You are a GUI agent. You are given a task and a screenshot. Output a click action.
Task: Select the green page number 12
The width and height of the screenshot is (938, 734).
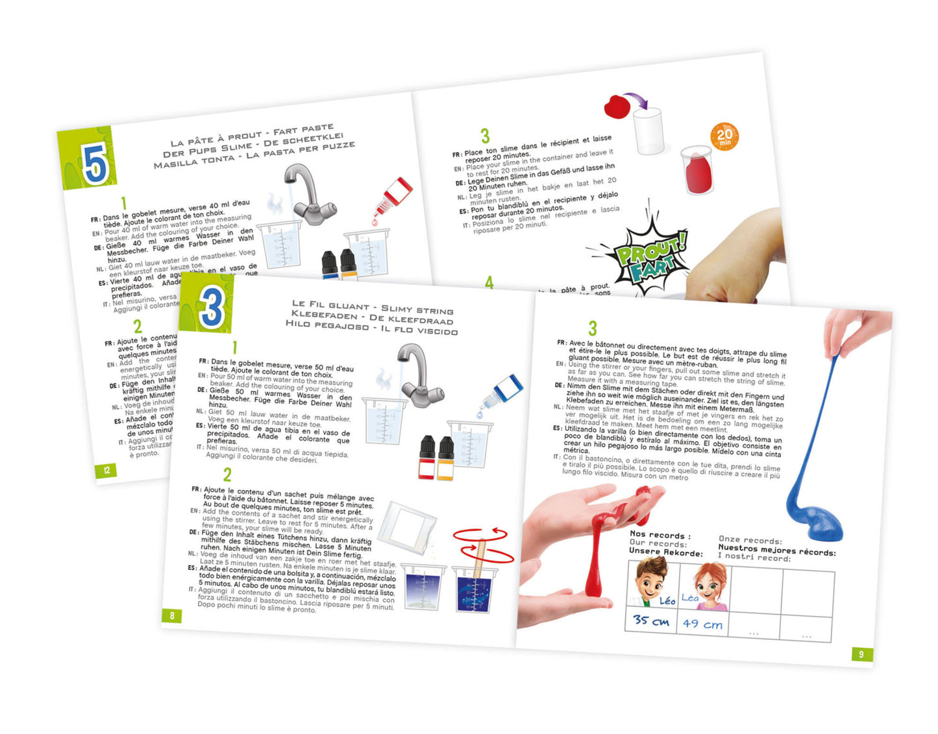(x=106, y=471)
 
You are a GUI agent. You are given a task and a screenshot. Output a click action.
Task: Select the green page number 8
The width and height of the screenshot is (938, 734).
(x=172, y=615)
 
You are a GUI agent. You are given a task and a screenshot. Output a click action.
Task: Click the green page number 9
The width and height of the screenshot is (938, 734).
(x=861, y=654)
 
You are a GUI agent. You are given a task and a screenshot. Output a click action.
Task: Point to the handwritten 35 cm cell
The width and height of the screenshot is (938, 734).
(x=651, y=620)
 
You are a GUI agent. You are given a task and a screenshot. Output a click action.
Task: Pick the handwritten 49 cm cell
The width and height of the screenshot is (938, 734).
(x=702, y=624)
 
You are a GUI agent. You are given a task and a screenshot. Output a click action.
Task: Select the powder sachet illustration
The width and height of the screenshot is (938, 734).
(x=406, y=528)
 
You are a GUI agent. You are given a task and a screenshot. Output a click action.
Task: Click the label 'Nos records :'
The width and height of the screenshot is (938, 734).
(x=660, y=535)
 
